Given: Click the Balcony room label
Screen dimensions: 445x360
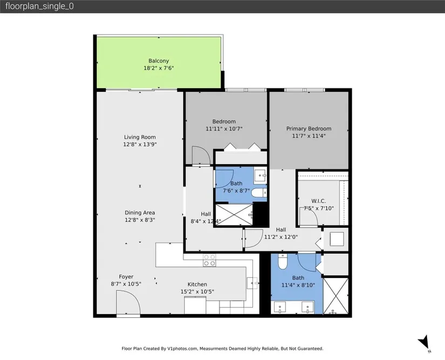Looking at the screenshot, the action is click(159, 61).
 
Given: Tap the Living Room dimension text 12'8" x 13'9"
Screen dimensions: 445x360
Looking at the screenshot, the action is click(140, 144).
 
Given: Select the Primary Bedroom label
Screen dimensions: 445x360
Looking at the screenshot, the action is click(309, 128).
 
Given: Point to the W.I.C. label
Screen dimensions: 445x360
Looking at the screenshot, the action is click(318, 201).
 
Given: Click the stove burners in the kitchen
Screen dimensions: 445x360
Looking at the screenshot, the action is click(209, 260).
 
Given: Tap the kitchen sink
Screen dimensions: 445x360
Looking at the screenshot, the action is click(252, 283).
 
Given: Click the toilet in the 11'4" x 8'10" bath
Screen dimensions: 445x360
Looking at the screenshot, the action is click(283, 261).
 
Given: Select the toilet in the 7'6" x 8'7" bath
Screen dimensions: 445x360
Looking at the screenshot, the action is click(259, 193).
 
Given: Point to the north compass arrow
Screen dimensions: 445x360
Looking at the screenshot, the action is click(424, 342).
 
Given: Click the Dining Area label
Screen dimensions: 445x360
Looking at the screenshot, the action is click(140, 213).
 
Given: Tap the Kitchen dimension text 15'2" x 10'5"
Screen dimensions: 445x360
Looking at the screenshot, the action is click(197, 291).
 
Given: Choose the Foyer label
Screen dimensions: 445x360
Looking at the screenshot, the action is click(126, 276).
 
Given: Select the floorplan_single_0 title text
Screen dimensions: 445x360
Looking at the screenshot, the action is click(39, 6).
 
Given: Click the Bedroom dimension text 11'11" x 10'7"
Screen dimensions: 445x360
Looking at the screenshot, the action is click(224, 128).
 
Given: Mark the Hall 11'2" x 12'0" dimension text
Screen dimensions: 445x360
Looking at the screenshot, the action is click(281, 237).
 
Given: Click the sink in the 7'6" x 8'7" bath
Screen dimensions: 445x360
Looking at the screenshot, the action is click(259, 175).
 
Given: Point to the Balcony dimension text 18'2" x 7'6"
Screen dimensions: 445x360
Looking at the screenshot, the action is click(159, 68).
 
